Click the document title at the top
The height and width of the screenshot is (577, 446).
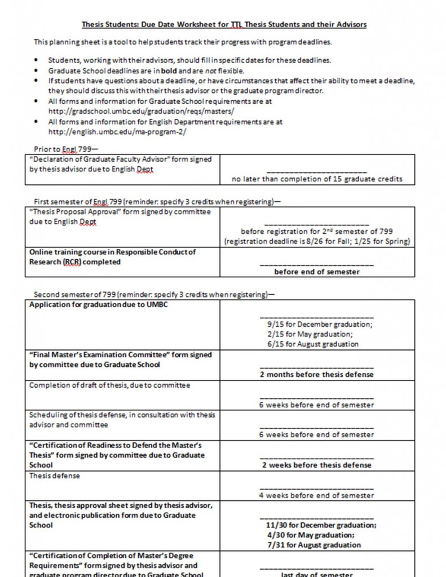pos(224,25)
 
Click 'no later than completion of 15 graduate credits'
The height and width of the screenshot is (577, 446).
pos(317,179)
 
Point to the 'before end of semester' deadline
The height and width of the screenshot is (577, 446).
pos(317,272)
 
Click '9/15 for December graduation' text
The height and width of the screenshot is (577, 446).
pos(320,324)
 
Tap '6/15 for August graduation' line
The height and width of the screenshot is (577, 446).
pos(313,344)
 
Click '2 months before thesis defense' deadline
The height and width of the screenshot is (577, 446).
pos(317,374)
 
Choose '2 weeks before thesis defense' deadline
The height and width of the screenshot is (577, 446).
pos(317,465)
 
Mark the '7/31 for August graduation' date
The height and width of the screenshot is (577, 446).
pos(314,545)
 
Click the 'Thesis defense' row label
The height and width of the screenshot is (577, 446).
pos(55,476)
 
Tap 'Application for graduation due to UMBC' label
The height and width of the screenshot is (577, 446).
pos(98,305)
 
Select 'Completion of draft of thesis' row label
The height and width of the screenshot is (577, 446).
pos(109,385)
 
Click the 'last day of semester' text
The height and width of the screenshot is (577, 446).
pos(317,574)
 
